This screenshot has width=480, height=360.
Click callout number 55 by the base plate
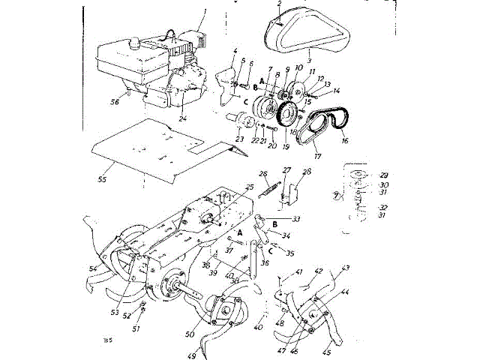click(102, 181)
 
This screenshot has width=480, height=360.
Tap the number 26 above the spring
click(263, 174)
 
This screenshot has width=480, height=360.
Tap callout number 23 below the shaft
click(240, 139)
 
